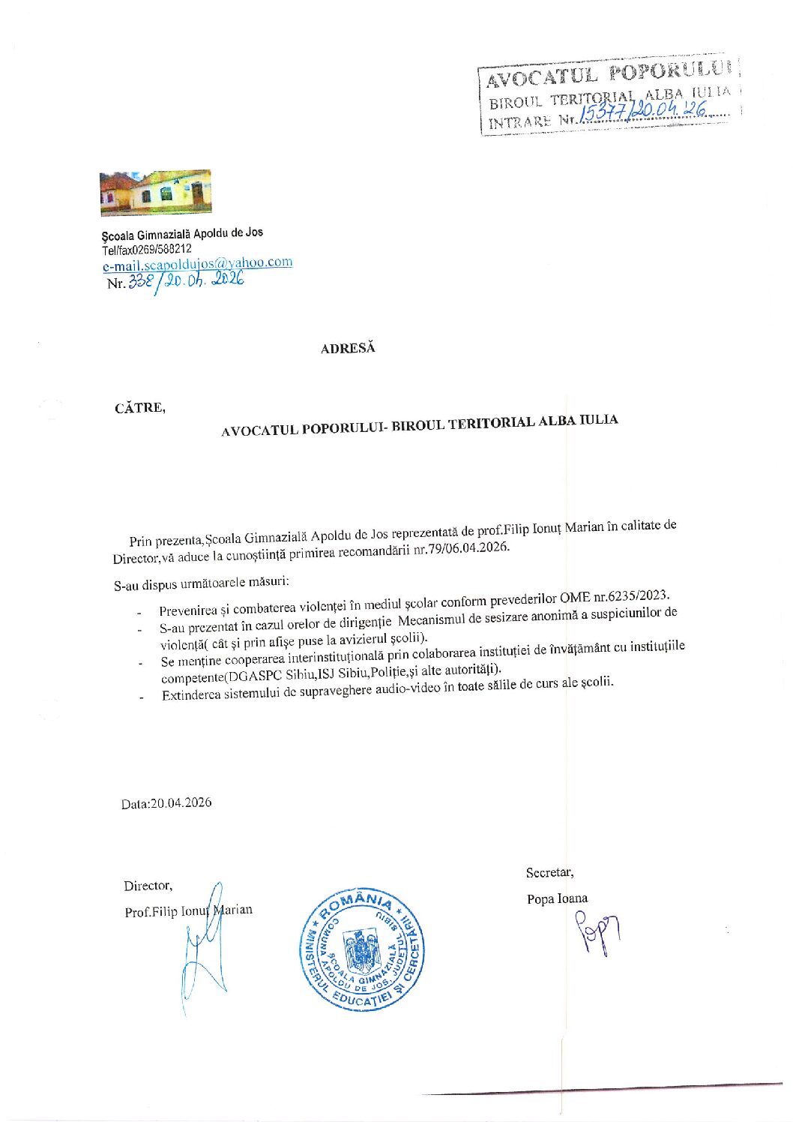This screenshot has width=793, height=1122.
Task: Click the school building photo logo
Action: (x=155, y=193)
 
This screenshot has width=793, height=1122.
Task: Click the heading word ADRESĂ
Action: (x=348, y=349)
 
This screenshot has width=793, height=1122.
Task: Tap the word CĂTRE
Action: (x=139, y=408)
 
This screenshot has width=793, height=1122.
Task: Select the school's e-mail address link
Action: (x=197, y=263)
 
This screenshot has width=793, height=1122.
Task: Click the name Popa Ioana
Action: (x=557, y=898)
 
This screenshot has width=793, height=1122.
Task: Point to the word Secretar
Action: (x=549, y=872)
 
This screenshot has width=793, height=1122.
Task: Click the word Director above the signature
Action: (x=148, y=886)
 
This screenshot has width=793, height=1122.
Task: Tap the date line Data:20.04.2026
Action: (x=166, y=802)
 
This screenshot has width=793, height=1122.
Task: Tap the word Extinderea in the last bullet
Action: (x=191, y=694)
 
